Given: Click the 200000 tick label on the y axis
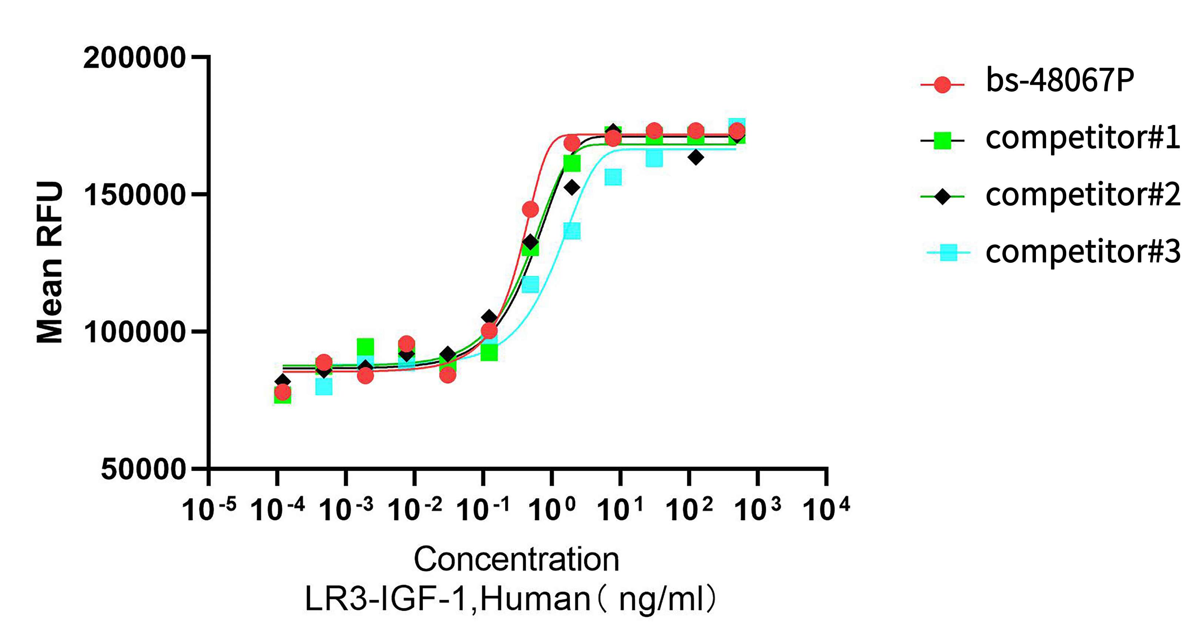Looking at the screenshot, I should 134,58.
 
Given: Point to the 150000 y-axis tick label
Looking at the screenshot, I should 134,195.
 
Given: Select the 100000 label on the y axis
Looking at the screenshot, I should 134,332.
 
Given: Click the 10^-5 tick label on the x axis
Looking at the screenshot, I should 208,509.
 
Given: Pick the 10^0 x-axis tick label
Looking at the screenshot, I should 551,509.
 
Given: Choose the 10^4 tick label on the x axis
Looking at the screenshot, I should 826,509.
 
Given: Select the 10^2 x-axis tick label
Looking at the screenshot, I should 688,509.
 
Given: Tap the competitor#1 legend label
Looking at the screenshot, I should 1083,137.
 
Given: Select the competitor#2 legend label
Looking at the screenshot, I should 1083,195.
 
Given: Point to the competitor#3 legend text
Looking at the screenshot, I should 1083,252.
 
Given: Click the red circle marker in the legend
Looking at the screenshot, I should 942,84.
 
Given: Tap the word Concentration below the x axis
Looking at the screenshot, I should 516,559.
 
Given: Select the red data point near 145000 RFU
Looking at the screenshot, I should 530,210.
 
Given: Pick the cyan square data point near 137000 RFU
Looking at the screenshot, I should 572,231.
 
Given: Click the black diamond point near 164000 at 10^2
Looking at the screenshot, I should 695,157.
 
